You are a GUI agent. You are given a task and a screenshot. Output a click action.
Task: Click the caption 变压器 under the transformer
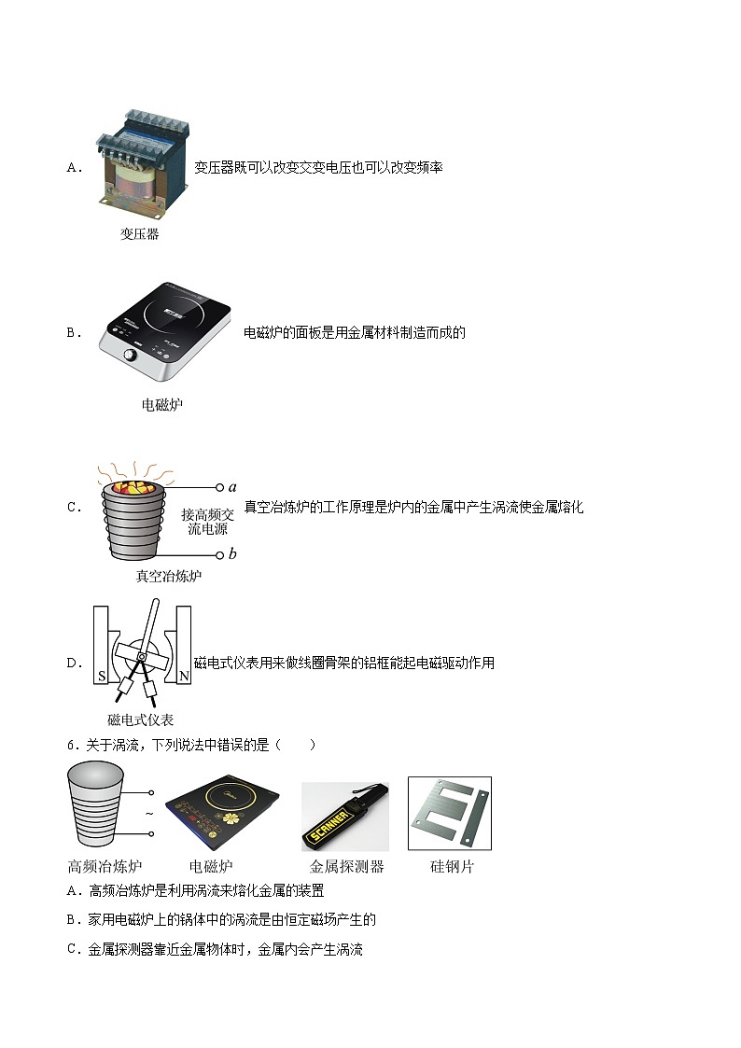(139, 234)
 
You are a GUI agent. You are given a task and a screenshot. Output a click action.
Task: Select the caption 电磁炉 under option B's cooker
(161, 405)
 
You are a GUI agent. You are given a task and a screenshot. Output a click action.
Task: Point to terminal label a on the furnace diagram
(232, 486)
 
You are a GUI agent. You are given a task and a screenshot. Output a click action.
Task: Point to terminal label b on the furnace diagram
(232, 554)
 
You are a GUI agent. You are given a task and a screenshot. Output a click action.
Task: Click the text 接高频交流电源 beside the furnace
(208, 522)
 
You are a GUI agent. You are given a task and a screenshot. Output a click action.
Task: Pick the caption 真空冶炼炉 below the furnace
(168, 576)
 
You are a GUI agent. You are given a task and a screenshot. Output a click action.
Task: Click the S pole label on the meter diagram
(102, 674)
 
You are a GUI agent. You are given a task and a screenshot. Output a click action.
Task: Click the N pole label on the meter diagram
(183, 674)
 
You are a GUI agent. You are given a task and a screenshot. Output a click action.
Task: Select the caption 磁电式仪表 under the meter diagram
(141, 720)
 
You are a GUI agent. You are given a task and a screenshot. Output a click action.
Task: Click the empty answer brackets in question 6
(298, 745)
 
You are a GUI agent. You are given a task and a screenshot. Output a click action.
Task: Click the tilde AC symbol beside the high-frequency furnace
(148, 814)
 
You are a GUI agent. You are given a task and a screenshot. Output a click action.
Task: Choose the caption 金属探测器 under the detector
(346, 866)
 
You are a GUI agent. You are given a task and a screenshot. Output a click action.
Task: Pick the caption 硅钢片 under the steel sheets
(452, 866)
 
